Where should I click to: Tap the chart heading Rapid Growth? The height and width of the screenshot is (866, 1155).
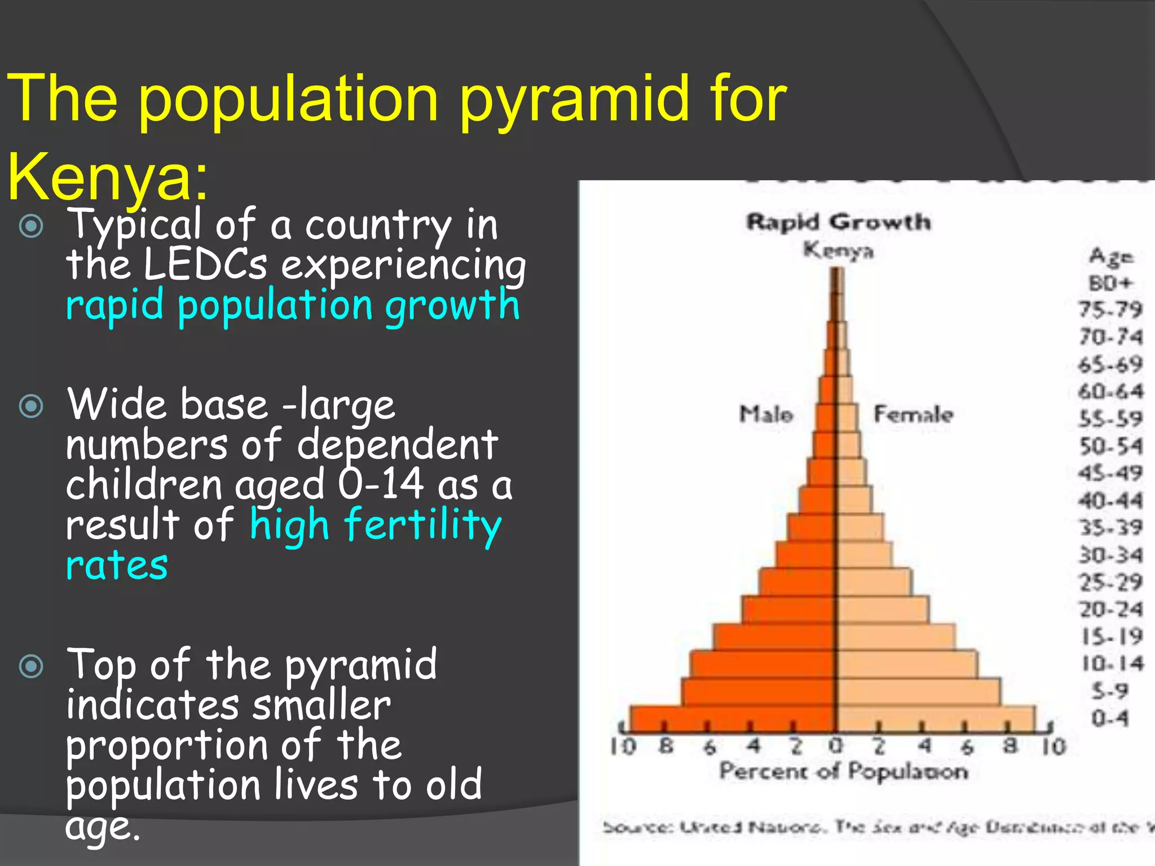pyautogui.click(x=838, y=222)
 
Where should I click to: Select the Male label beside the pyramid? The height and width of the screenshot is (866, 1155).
pyautogui.click(x=766, y=414)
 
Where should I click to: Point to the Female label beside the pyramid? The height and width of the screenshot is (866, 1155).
pyautogui.click(x=913, y=414)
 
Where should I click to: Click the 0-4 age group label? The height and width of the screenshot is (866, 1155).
pyautogui.click(x=1109, y=718)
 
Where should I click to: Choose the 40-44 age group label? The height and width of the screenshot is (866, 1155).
pyautogui.click(x=1110, y=500)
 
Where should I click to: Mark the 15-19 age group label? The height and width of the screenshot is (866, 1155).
pyautogui.click(x=1112, y=637)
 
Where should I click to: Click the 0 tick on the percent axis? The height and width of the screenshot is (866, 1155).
pyautogui.click(x=836, y=745)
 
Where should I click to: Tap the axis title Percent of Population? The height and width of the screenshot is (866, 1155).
pyautogui.click(x=843, y=771)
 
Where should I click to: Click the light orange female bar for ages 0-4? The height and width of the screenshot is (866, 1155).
pyautogui.click(x=936, y=719)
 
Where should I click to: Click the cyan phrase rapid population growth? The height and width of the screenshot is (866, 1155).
pyautogui.click(x=292, y=306)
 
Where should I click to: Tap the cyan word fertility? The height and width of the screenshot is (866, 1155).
pyautogui.click(x=422, y=524)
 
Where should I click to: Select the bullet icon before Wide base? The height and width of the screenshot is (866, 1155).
pyautogui.click(x=31, y=406)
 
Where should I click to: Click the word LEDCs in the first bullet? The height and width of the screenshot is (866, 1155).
pyautogui.click(x=205, y=265)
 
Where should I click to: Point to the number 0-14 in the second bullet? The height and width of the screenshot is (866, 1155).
pyautogui.click(x=381, y=484)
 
